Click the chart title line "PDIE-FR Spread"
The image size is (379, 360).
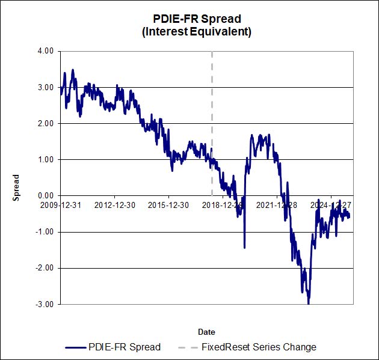pos(196,19)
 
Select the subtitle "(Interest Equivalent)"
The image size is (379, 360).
pos(196,31)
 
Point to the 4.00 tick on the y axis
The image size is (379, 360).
pos(45,51)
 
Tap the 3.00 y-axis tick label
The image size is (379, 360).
pos(45,87)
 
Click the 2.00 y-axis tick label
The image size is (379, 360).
pos(45,123)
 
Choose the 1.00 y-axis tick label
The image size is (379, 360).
pos(45,159)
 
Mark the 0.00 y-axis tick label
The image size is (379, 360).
pos(45,195)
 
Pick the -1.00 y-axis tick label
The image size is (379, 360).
pos(44,232)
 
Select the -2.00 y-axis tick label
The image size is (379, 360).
pos(44,268)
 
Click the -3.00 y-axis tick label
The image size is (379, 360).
pos(44,304)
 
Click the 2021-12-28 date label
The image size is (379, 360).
pos(277,205)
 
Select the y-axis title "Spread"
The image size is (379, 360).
pos(17,187)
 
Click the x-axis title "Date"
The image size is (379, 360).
pos(206,332)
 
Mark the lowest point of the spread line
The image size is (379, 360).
pos(309,304)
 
